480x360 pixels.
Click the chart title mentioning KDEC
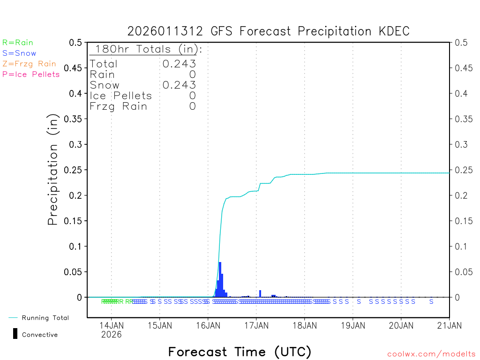pos(269,31)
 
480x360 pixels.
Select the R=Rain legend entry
pos(18,43)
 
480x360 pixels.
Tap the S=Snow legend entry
pos(19,53)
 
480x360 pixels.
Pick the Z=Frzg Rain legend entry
pos(29,64)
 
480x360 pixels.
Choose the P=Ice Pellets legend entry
pos(31,74)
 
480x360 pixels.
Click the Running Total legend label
pos(45,318)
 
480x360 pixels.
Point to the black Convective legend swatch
pos(15,333)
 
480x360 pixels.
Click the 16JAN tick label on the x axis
pos(208,325)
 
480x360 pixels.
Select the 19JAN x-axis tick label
pos(352,325)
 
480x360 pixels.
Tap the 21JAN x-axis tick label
pos(449,325)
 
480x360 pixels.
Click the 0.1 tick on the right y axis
pos(461,246)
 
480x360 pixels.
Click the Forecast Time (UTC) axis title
pos(240,352)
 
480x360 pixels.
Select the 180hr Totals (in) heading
pos(146,49)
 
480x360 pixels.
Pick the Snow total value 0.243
pos(179,85)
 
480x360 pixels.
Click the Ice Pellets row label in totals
pos(121,96)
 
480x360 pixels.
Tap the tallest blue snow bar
pos(220,279)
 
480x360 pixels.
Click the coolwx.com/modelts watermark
pos(431,354)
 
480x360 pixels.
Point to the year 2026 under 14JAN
pos(111,334)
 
